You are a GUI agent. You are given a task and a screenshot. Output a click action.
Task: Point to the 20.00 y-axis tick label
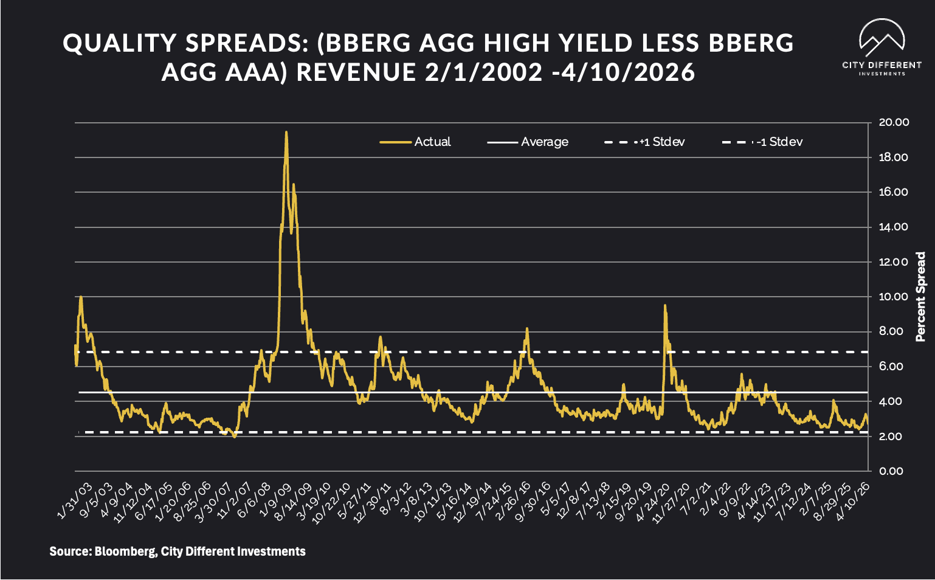(x=894, y=123)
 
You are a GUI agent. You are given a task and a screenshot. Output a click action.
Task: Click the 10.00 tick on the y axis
(x=894, y=297)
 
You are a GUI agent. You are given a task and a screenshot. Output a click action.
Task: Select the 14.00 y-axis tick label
(x=894, y=227)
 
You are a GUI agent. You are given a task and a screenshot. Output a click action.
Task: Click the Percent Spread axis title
(x=920, y=297)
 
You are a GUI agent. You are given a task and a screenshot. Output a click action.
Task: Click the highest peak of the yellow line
(x=286, y=132)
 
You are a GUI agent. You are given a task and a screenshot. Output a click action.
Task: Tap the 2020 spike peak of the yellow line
(x=665, y=305)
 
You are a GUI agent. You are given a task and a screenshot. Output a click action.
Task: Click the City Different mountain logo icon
(x=882, y=38)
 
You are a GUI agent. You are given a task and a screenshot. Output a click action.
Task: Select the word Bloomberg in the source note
(x=125, y=551)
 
